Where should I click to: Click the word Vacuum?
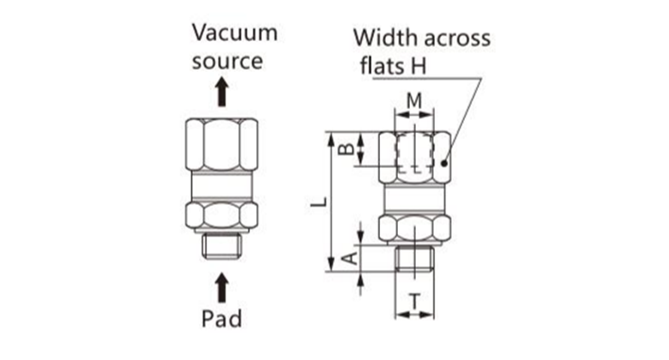click(234, 33)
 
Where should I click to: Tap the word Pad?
click(222, 320)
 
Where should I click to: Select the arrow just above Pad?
click(222, 285)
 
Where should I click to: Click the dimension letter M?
click(414, 100)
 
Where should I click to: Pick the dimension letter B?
click(346, 149)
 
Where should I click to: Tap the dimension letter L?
click(317, 202)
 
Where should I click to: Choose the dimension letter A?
click(347, 257)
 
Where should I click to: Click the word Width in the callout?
click(383, 39)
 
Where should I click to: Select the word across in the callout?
click(455, 39)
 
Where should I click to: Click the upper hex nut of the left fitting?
click(222, 144)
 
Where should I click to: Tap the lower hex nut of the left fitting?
click(222, 214)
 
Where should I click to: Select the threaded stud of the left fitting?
click(222, 247)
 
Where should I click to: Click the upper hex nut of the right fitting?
click(414, 156)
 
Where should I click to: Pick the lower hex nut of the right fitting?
click(414, 228)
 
